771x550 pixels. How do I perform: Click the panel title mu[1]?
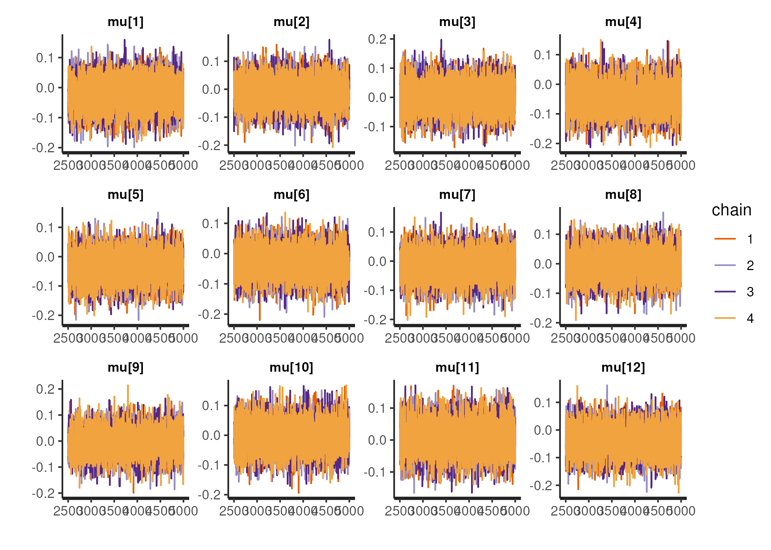click(x=126, y=22)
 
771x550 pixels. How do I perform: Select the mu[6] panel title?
click(x=292, y=194)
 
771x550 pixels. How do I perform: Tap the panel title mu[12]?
click(x=623, y=367)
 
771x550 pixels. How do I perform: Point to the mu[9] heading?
click(x=126, y=367)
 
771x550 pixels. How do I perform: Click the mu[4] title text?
click(x=623, y=22)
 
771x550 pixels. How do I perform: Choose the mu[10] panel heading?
click(x=292, y=367)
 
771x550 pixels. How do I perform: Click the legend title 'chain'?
click(x=731, y=210)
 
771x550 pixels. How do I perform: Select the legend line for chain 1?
click(x=725, y=239)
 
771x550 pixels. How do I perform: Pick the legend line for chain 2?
click(x=725, y=265)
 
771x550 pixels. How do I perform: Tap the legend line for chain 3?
click(x=725, y=292)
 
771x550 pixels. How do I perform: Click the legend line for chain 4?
click(x=725, y=318)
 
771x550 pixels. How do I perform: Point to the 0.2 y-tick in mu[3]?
click(x=377, y=39)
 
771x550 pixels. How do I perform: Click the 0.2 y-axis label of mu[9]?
click(x=45, y=389)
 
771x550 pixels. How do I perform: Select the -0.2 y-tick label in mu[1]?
click(x=43, y=148)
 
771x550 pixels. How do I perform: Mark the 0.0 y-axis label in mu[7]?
click(x=377, y=262)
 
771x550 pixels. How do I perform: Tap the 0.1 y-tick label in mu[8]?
click(x=543, y=234)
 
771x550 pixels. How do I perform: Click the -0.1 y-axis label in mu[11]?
click(x=375, y=472)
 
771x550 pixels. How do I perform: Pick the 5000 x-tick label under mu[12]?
click(x=681, y=511)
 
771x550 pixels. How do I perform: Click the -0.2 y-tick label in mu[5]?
click(x=43, y=316)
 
